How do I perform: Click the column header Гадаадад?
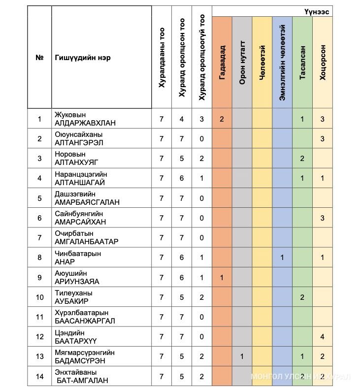[x=222, y=63]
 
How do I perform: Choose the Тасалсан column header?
[x=302, y=63]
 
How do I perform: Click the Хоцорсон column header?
[x=323, y=63]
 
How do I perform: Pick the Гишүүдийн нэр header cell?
[x=83, y=58]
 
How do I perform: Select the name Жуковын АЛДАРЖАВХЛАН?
[x=85, y=119]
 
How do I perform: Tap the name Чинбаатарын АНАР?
[x=78, y=257]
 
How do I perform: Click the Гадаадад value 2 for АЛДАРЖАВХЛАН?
[x=222, y=119]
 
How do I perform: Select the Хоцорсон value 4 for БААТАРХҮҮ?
[x=323, y=336]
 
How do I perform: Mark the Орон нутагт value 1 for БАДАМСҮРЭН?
[x=242, y=356]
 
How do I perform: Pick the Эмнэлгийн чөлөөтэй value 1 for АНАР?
[x=282, y=257]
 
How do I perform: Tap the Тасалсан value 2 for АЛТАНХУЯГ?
[x=302, y=158]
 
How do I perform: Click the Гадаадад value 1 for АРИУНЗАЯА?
[x=222, y=277]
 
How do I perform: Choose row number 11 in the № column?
[x=40, y=317]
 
